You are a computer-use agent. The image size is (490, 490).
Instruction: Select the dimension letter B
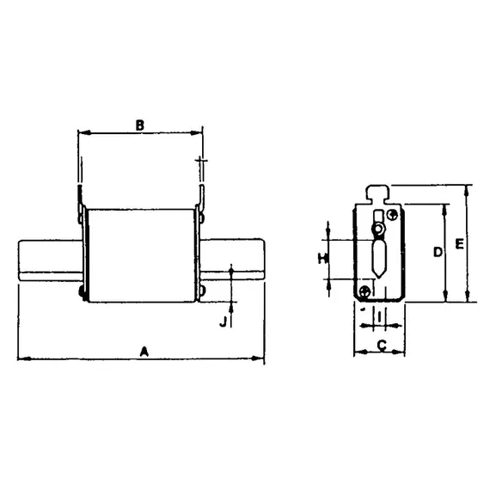click(x=139, y=125)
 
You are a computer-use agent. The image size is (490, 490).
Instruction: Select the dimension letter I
click(x=379, y=319)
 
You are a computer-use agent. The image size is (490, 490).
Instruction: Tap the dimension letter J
click(x=223, y=322)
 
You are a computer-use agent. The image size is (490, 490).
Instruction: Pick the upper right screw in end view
click(x=393, y=214)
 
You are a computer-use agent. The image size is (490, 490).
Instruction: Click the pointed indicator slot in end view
click(x=379, y=258)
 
